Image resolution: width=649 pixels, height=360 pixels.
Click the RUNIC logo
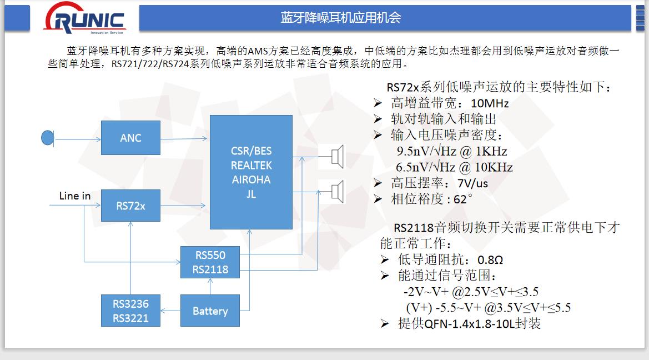tap(84, 18)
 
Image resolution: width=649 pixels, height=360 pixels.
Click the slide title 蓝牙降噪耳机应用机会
tap(341, 17)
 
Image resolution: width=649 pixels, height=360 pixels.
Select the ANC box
tap(130, 138)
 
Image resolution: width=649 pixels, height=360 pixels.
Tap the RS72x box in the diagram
tap(130, 206)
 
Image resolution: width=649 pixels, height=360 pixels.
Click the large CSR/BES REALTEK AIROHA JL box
tap(251, 172)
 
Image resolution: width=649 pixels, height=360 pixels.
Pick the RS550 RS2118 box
tap(210, 262)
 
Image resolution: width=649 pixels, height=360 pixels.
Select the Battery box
tap(210, 311)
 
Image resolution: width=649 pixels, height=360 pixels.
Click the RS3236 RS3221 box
tap(130, 311)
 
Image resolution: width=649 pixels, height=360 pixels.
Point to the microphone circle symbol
tap(48, 138)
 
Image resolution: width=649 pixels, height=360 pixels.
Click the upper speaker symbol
tap(338, 157)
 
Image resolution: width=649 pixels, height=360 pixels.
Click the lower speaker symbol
tap(338, 192)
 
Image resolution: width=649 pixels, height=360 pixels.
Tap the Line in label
tap(74, 196)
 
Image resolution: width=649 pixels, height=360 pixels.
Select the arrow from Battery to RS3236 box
tap(170, 311)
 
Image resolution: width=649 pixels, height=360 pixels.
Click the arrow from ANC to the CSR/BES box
tap(184, 139)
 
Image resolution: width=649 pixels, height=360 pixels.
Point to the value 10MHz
tap(490, 103)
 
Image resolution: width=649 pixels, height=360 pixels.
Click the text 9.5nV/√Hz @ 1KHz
tap(452, 151)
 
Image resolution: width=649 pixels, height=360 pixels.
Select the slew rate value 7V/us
tap(472, 183)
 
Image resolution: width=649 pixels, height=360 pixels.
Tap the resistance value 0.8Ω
tap(490, 260)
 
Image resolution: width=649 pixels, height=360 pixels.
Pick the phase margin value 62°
tap(463, 199)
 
